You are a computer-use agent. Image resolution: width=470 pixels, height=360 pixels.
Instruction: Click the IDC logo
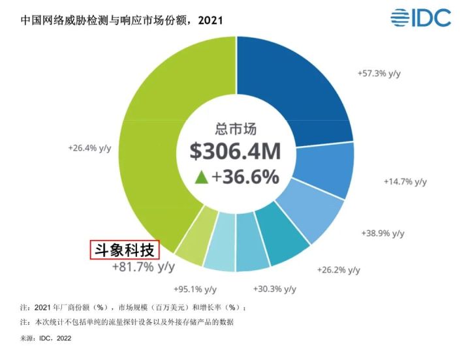point(420,18)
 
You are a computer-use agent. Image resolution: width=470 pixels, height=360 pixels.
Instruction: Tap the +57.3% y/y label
point(379,74)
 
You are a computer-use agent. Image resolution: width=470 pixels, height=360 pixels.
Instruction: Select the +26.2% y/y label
point(339,269)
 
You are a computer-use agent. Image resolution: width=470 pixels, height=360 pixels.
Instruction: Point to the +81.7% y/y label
point(144,267)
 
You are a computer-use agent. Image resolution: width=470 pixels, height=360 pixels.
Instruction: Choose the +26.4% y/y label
point(89,148)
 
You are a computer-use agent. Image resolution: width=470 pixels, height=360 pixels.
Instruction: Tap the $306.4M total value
point(235,151)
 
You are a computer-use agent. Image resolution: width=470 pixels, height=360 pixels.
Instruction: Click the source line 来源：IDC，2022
point(46,338)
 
